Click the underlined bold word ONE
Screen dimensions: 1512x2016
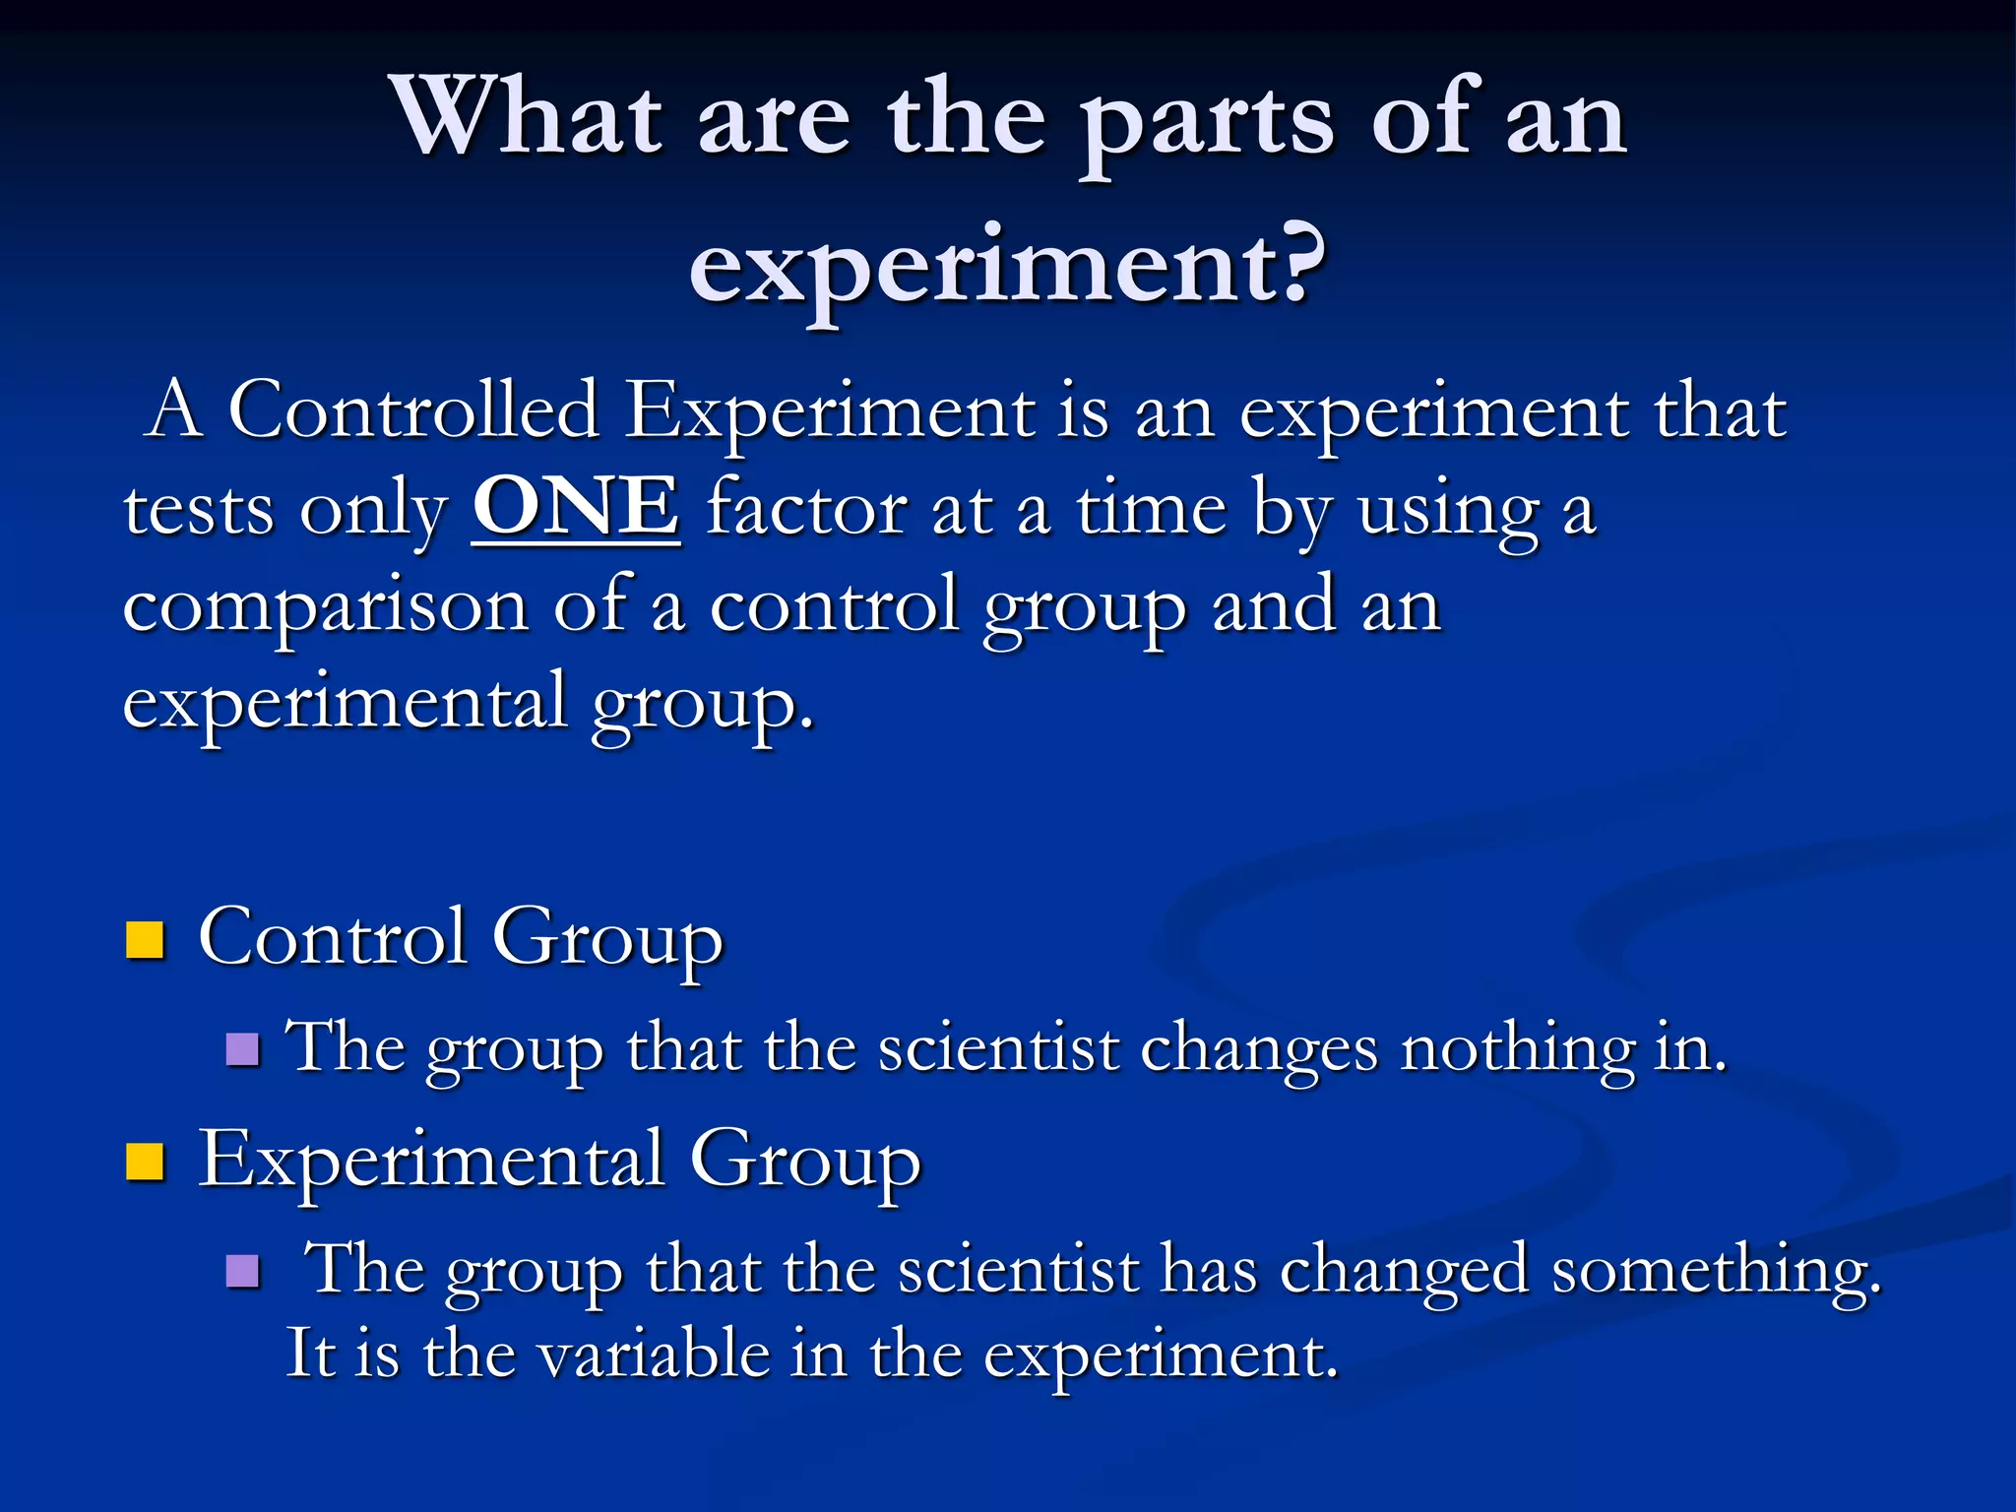click(576, 507)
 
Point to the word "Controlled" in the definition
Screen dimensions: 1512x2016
click(413, 410)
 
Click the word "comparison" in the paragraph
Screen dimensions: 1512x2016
click(325, 608)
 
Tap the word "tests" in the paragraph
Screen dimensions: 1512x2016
click(198, 511)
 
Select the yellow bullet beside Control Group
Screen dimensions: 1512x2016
click(145, 939)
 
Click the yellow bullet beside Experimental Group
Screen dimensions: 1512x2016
click(145, 1162)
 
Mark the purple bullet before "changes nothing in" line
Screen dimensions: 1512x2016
click(242, 1049)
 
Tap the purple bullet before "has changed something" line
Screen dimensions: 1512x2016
click(242, 1271)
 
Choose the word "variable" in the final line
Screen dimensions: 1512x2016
click(654, 1354)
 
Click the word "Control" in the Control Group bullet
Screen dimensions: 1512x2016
click(333, 937)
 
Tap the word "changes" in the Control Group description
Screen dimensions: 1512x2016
click(1259, 1049)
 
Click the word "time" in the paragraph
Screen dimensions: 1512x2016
click(1152, 509)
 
